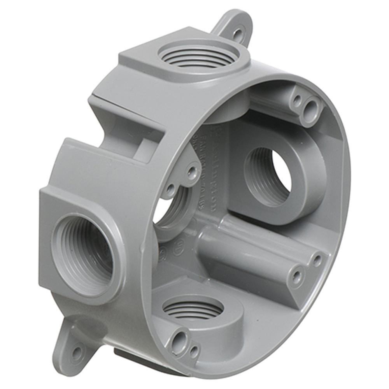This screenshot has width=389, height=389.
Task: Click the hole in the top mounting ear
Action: pos(237,33)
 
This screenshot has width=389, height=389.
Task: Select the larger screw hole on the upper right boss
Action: pos(311,107)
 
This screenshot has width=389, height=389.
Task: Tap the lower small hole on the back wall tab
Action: pos(170,190)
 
